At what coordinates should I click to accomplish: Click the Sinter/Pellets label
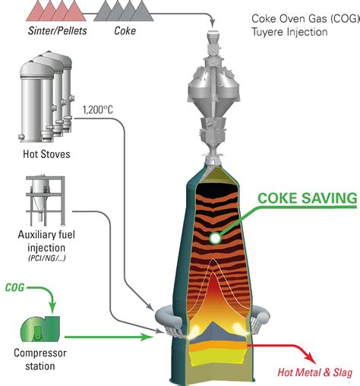[58, 30]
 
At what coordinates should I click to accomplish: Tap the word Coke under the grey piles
[125, 30]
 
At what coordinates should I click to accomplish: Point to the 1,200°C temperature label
[98, 110]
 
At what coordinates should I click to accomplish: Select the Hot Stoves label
[46, 154]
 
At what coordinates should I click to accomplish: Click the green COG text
[14, 287]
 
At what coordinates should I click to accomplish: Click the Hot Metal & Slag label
[315, 372]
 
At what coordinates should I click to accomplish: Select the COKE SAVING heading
[308, 198]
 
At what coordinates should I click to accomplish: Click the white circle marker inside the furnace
[215, 238]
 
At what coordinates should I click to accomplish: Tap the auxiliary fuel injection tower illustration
[46, 200]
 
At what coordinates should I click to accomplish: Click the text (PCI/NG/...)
[47, 258]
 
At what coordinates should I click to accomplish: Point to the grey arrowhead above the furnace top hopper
[213, 24]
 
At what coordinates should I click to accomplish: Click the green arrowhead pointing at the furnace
[147, 337]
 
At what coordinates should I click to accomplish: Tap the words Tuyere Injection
[289, 32]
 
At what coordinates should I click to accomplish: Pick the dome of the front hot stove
[36, 68]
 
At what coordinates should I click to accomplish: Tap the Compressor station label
[40, 359]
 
